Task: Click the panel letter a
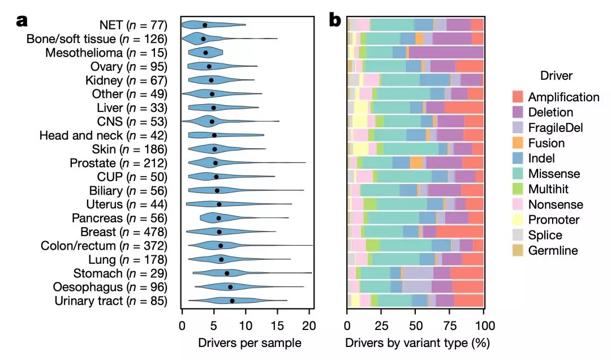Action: pos(23,21)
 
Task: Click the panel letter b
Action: pos(335,21)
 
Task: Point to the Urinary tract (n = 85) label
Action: pos(111,301)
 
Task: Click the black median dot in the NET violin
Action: pos(205,25)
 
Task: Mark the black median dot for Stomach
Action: pos(227,273)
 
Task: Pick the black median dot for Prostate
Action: pos(215,163)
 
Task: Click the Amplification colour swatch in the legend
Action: pos(518,97)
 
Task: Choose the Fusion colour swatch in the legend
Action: pos(518,143)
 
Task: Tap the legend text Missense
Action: pos(554,174)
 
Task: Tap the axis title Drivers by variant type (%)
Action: pos(417,342)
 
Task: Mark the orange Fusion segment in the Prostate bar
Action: pos(416,163)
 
